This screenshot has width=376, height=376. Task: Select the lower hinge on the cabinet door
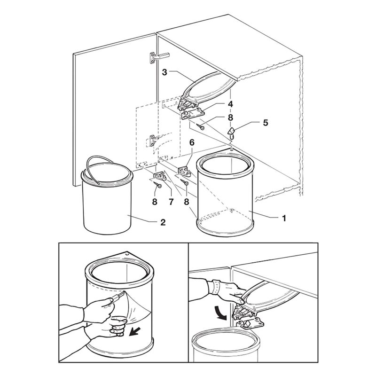(153, 140)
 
